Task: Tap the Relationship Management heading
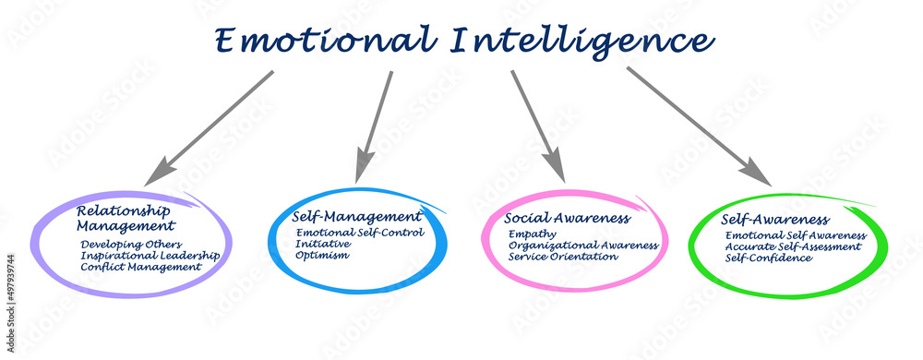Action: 125,217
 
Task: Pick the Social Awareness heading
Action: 567,219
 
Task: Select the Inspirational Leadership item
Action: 150,255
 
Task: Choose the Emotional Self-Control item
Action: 360,233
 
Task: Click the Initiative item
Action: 323,244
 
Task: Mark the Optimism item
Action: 322,256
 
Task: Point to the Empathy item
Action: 533,234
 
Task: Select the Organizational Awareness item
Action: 583,246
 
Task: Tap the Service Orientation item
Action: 563,257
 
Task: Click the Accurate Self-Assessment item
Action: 792,246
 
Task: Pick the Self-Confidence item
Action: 769,258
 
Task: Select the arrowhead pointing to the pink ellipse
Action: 554,168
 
